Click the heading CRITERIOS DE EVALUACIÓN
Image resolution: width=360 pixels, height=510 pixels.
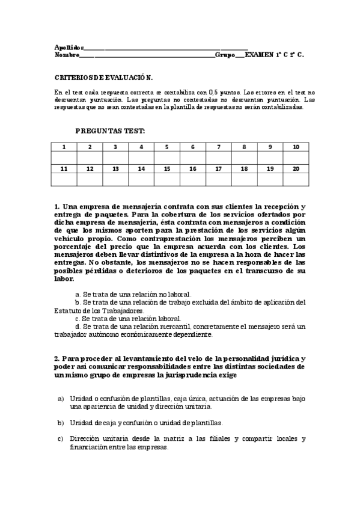coord(103,78)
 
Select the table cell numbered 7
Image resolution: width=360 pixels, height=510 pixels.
coord(219,147)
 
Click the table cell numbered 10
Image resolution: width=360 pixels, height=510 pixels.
coord(296,147)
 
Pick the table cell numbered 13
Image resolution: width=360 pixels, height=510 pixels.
coord(115,169)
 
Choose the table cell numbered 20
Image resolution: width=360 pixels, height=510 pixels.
coord(296,169)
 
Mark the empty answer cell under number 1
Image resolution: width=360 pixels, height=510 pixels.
coord(64,158)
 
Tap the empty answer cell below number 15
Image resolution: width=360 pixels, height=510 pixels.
coord(167,179)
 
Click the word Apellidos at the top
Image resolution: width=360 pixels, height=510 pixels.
coord(67,47)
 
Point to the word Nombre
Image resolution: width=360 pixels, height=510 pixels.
coord(66,55)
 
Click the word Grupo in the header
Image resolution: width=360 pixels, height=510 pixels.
coord(225,55)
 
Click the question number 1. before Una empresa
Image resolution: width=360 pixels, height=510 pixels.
coord(56,206)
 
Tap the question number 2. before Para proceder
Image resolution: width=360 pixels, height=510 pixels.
coord(56,358)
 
